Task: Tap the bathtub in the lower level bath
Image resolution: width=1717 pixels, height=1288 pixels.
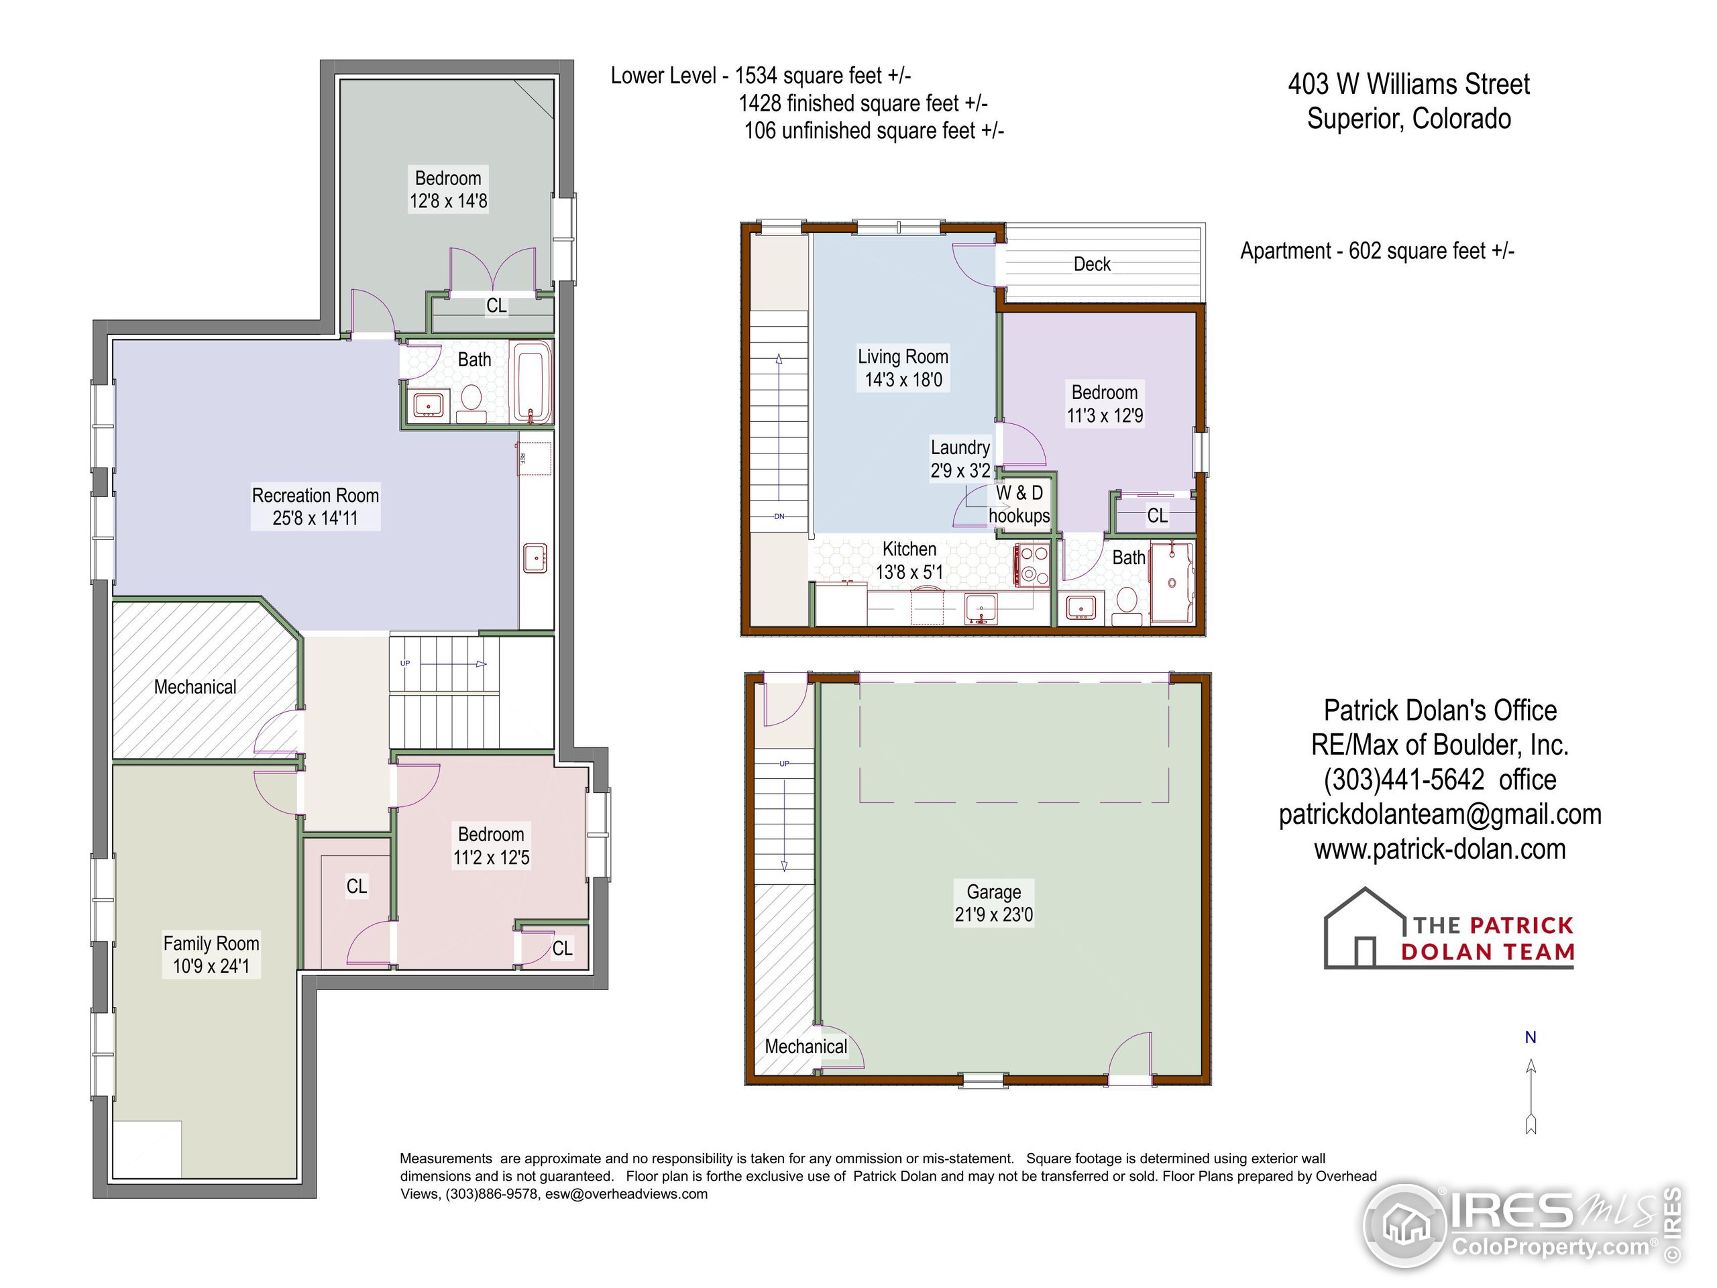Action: pyautogui.click(x=532, y=382)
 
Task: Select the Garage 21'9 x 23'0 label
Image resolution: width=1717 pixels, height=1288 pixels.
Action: pyautogui.click(x=993, y=903)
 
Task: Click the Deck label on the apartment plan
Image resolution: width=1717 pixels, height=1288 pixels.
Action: pyautogui.click(x=1091, y=264)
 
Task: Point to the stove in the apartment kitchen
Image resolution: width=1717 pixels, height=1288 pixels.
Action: pyautogui.click(x=1032, y=564)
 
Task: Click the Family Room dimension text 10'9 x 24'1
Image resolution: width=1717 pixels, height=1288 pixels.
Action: pyautogui.click(x=211, y=966)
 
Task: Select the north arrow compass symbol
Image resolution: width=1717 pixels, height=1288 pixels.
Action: pyautogui.click(x=1531, y=1095)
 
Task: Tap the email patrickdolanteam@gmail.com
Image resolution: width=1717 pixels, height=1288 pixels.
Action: pyautogui.click(x=1440, y=814)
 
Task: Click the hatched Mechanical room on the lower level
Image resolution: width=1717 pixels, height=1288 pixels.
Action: pyautogui.click(x=196, y=686)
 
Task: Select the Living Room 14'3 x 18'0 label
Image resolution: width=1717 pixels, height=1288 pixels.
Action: pyautogui.click(x=903, y=368)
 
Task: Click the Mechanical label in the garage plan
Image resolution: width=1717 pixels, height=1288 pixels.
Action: pyautogui.click(x=806, y=1046)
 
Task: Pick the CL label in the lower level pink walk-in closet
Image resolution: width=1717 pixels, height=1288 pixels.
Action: pyautogui.click(x=356, y=886)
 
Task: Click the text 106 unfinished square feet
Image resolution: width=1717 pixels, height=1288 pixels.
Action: pyautogui.click(x=873, y=130)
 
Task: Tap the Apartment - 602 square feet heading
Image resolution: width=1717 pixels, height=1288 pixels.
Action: pyautogui.click(x=1376, y=251)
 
